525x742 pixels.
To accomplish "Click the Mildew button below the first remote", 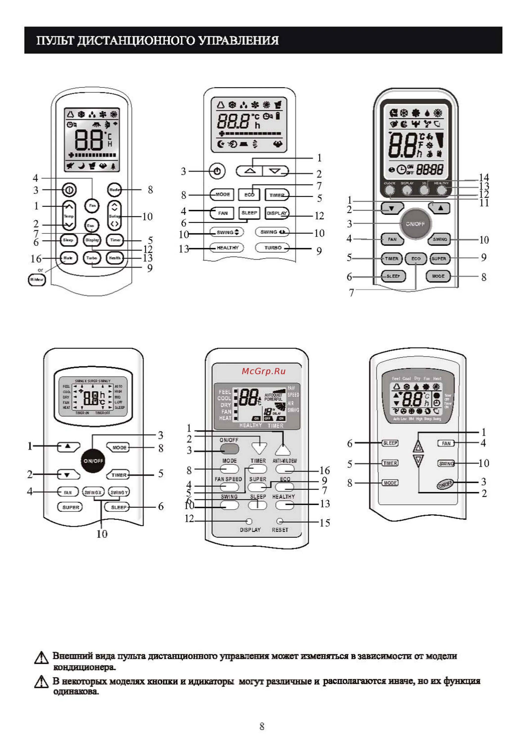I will pos(37,279).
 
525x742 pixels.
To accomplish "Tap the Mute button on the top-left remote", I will pos(68,258).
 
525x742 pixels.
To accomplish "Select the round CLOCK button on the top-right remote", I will pos(390,190).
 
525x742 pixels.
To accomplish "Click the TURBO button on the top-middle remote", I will pos(273,248).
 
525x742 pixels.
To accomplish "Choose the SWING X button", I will pos(93,492).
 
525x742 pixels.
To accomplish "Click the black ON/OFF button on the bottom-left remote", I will pos(93,461).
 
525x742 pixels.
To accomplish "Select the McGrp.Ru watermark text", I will pos(264,371).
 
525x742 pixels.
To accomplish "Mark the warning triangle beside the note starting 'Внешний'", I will pos(41,657).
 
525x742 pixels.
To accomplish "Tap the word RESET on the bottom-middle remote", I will pos(280,530).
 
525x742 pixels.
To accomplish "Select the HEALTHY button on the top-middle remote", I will pos(227,248).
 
